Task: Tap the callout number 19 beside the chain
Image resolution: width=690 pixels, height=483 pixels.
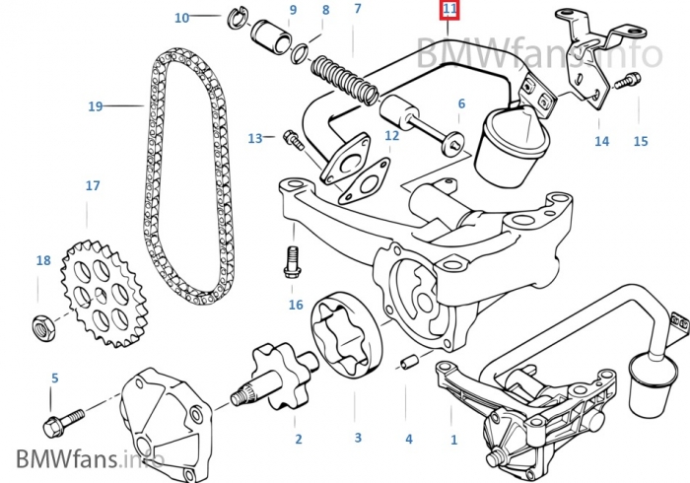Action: pyautogui.click(x=95, y=105)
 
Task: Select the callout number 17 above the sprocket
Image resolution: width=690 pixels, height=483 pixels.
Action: pyautogui.click(x=93, y=185)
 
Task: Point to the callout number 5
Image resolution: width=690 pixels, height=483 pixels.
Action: pyautogui.click(x=54, y=378)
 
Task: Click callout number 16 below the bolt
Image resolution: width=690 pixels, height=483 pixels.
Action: pyautogui.click(x=296, y=305)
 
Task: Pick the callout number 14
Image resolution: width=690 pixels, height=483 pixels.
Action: pyautogui.click(x=601, y=141)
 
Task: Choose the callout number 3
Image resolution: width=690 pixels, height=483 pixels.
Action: pyautogui.click(x=358, y=437)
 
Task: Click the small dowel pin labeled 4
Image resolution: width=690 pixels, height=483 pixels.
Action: pyautogui.click(x=404, y=366)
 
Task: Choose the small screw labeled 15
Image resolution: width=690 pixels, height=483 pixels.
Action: pyautogui.click(x=626, y=85)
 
